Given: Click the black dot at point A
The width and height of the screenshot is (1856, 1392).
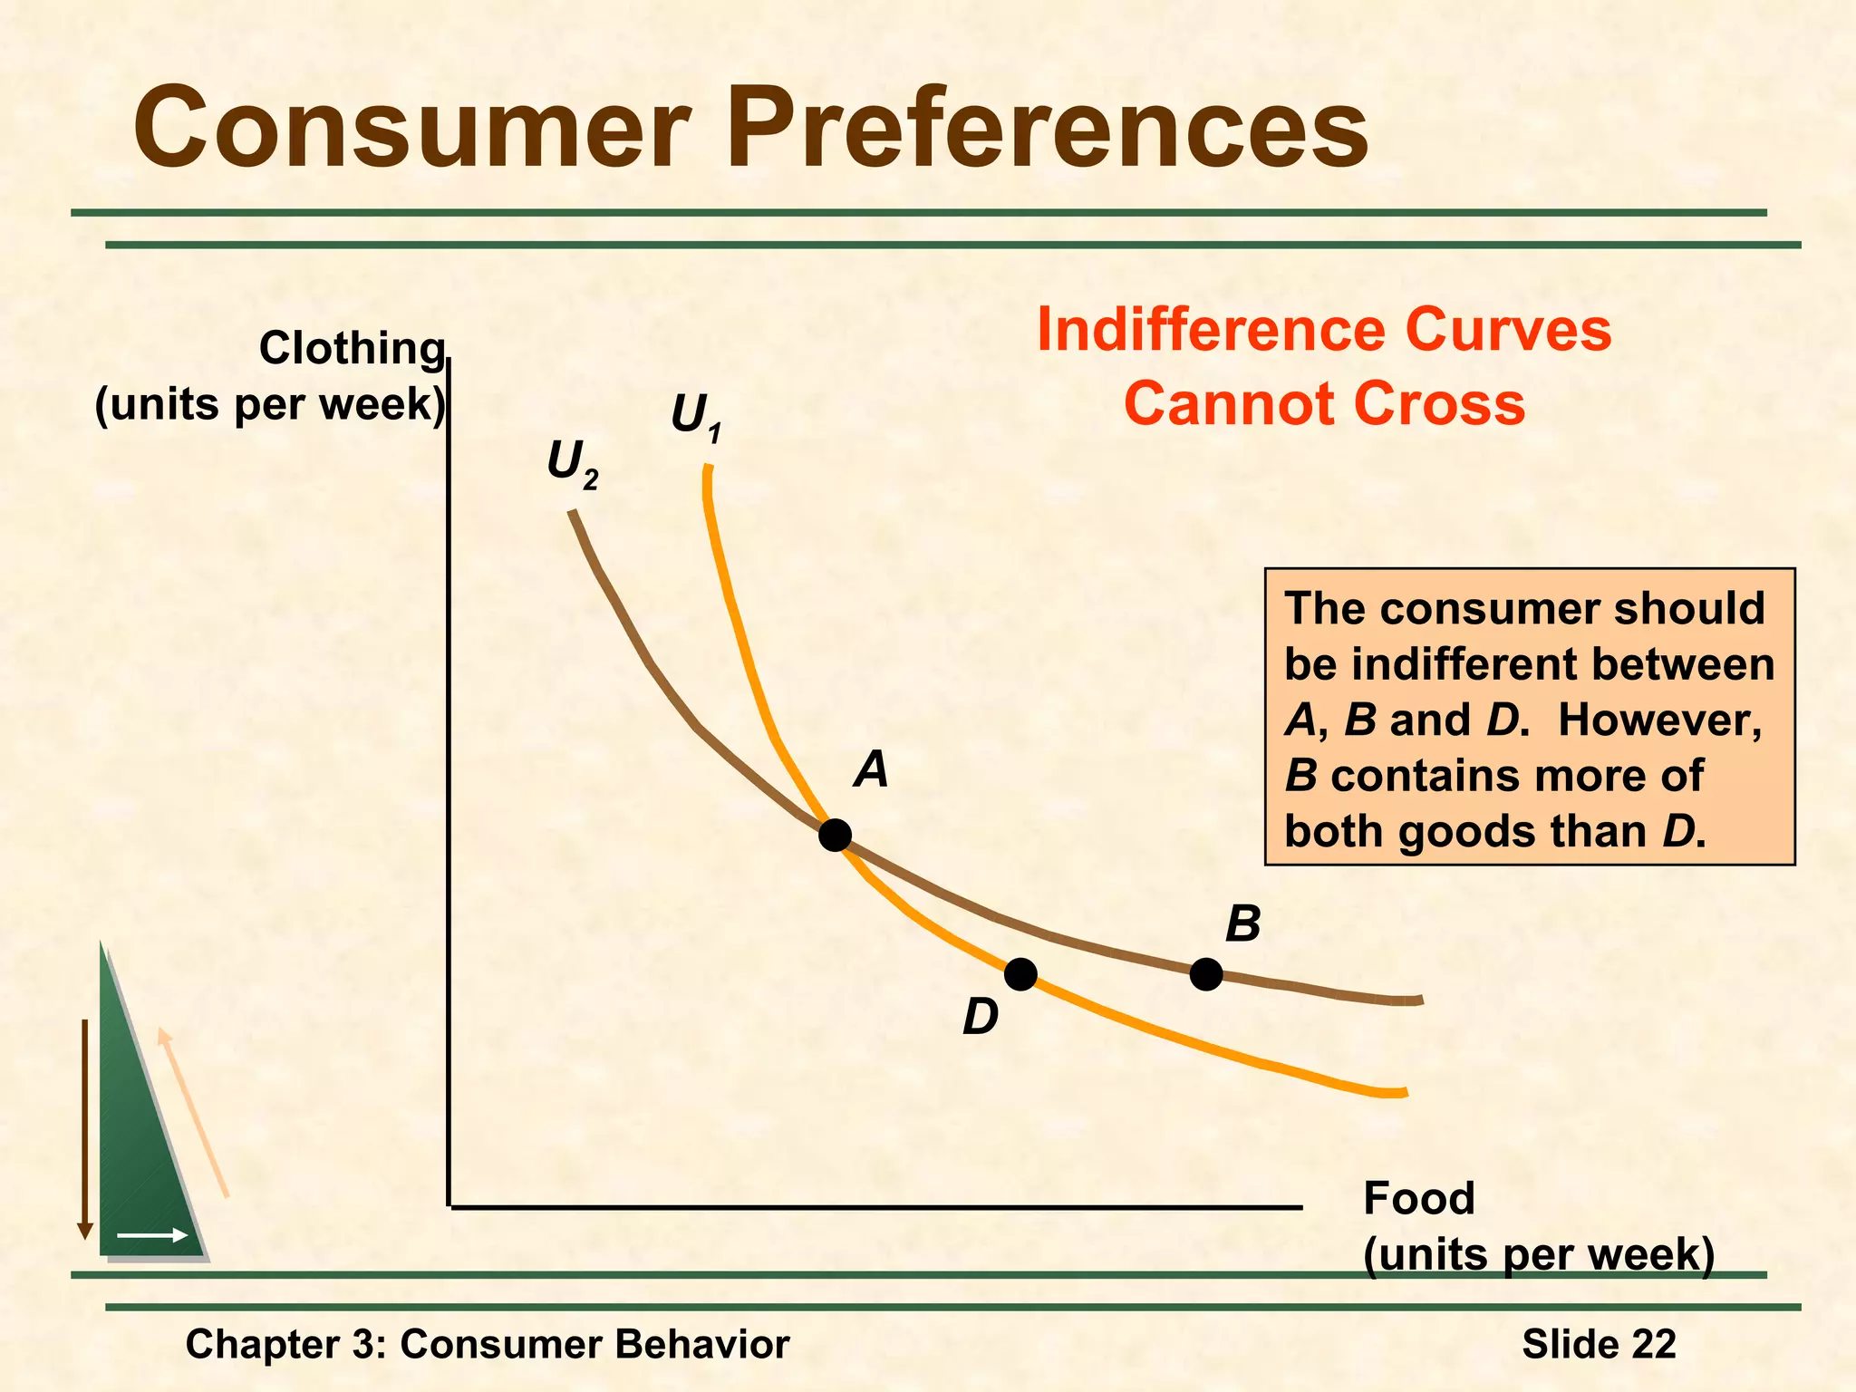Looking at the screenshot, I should pos(835,835).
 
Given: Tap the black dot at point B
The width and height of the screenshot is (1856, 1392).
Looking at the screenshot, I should pos(1205,974).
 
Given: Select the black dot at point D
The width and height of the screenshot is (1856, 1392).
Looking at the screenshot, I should pos(1020,974).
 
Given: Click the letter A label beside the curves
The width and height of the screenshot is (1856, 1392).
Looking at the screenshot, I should pos(872,770).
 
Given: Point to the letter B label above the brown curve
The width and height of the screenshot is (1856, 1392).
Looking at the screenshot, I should pos(1242,925).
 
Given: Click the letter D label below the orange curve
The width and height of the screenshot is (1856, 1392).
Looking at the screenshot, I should pos(981,1017).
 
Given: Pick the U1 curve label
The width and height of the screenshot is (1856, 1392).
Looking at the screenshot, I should pos(696,418).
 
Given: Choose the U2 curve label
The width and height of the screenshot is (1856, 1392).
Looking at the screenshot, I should pos(572,464).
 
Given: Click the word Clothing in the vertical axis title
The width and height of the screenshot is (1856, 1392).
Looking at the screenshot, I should pos(353,349).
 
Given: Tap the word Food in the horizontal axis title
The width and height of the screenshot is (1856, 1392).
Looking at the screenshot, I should pos(1419,1199).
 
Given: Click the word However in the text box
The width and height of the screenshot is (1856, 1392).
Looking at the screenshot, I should pos(1659,720).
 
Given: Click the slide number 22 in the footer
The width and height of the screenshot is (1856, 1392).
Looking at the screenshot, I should pos(1654,1344).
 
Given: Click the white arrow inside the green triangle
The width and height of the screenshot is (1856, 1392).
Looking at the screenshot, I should pos(152,1235).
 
